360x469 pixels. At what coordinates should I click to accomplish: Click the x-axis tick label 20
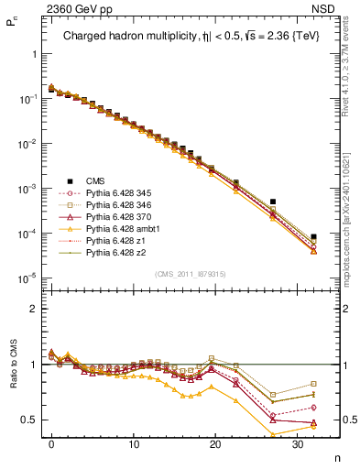[x=214, y=443]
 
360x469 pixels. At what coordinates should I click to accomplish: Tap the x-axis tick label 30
[x=297, y=443]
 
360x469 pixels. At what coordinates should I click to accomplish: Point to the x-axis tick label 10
[x=133, y=443]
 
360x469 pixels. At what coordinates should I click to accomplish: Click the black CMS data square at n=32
[x=313, y=236]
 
